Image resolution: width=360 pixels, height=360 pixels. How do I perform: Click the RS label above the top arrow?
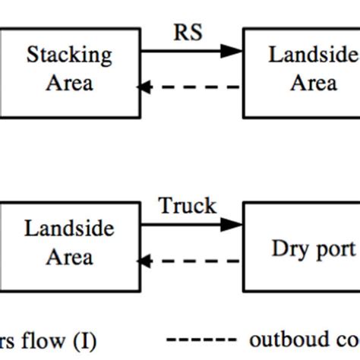click(x=189, y=33)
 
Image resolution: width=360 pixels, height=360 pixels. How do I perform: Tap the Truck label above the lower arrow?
click(x=187, y=206)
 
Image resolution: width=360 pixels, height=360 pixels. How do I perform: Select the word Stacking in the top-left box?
click(x=69, y=55)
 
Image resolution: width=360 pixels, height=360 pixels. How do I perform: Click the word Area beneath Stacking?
click(x=69, y=81)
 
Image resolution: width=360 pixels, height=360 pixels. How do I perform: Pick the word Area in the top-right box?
click(x=313, y=81)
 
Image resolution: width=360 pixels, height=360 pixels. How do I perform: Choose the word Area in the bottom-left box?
click(x=69, y=256)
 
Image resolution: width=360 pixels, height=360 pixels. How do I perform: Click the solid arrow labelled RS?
click(x=190, y=51)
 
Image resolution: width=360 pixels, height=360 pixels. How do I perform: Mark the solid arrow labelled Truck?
click(x=190, y=225)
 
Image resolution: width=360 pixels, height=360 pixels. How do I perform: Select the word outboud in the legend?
click(x=282, y=339)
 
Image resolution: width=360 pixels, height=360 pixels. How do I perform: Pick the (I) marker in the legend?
click(x=85, y=341)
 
